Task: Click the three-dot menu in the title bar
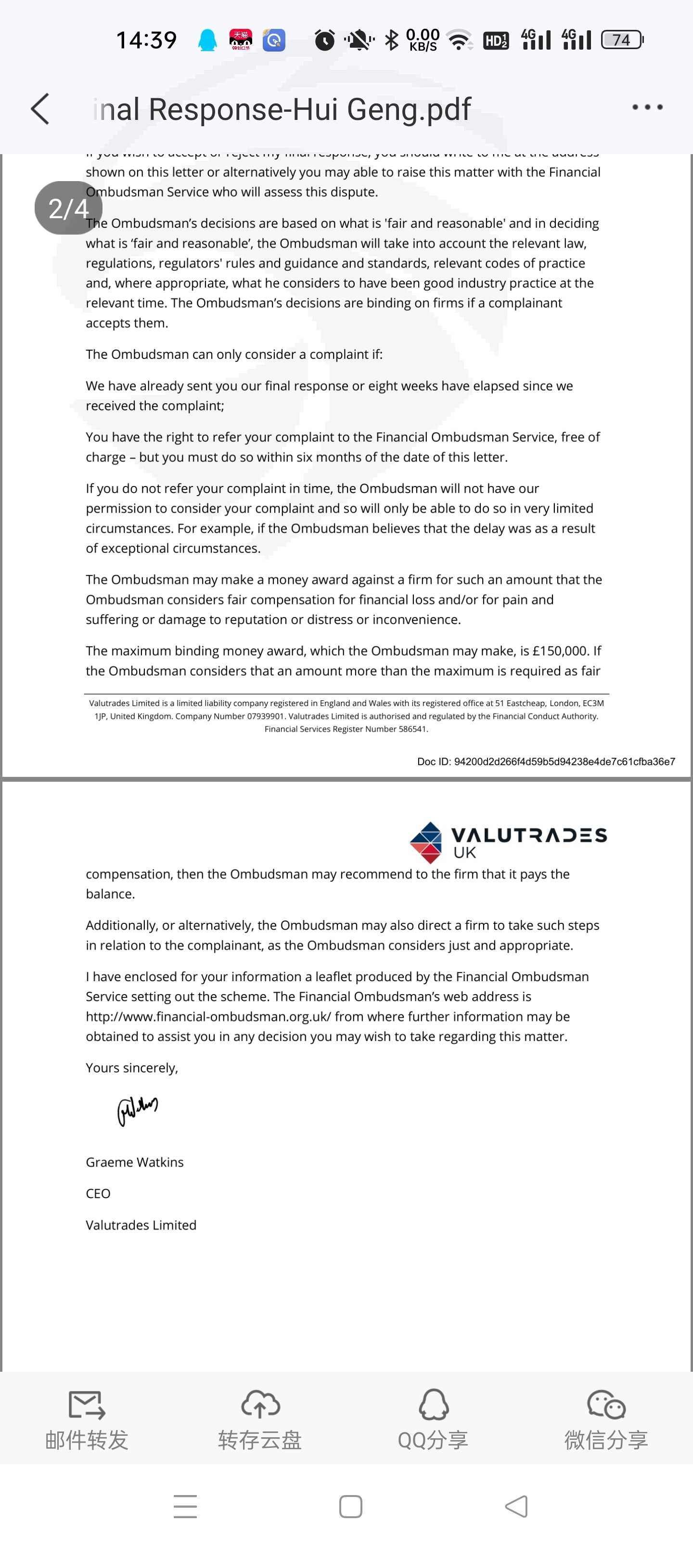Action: tap(647, 107)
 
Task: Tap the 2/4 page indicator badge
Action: tap(68, 208)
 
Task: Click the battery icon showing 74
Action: tap(622, 39)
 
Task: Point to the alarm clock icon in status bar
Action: tap(324, 40)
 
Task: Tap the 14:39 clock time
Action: tap(146, 40)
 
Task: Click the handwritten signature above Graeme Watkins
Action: tap(137, 1109)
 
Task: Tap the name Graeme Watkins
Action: tap(135, 1162)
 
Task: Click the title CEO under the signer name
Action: tap(98, 1194)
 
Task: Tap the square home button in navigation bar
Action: tap(350, 1506)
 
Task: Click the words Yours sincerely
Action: tap(132, 1067)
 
